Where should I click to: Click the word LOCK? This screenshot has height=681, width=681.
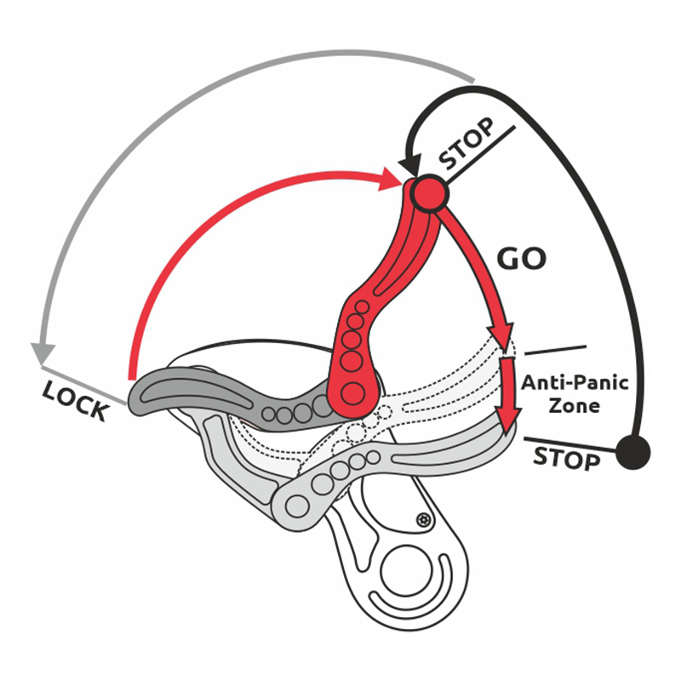(x=76, y=399)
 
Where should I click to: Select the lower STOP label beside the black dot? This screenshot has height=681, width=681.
(x=566, y=457)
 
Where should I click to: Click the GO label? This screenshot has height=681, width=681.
(x=520, y=259)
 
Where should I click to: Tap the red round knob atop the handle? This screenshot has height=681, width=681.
(x=427, y=194)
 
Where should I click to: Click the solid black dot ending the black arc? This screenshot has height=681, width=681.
(x=632, y=450)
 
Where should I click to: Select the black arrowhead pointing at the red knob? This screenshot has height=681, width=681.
(x=410, y=164)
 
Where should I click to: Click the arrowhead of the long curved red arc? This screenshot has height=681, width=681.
(x=393, y=177)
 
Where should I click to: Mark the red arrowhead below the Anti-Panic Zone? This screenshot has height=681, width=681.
(x=509, y=421)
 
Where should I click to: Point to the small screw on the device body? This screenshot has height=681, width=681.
(x=423, y=519)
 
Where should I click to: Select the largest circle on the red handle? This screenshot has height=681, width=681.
(x=354, y=392)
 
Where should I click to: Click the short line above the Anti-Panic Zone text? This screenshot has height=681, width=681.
(x=555, y=349)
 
